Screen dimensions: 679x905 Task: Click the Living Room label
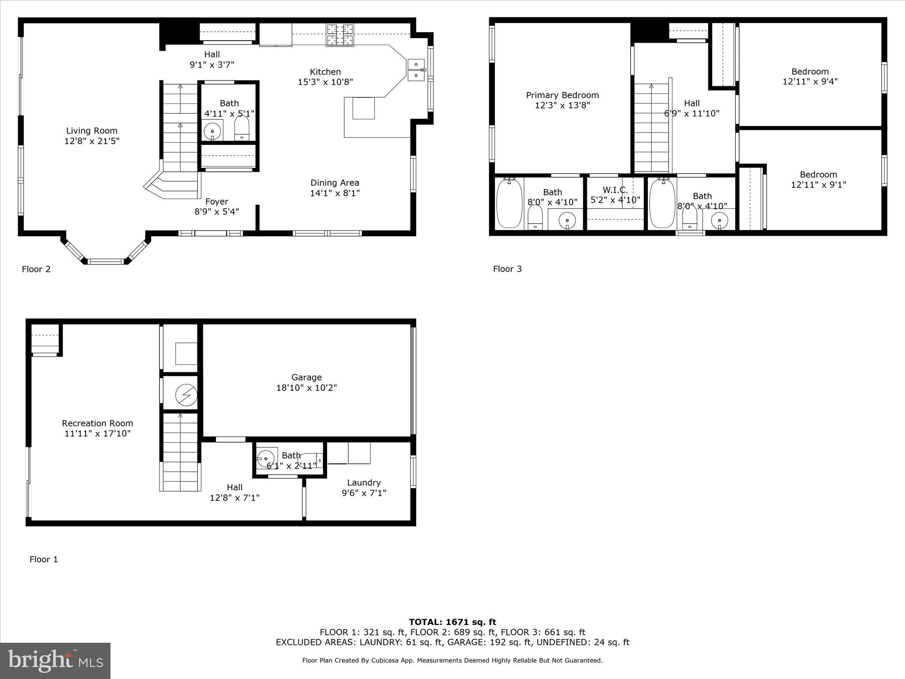[x=92, y=131]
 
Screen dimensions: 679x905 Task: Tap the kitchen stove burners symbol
[x=340, y=35]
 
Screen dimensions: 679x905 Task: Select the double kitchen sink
[x=416, y=70]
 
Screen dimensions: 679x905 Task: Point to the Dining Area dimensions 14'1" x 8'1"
[x=335, y=193]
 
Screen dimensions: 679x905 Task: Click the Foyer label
[x=217, y=202]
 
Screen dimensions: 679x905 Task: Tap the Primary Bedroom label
[x=562, y=95]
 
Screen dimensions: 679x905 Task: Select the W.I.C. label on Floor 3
[x=615, y=190]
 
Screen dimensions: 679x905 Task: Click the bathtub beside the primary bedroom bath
[x=509, y=203]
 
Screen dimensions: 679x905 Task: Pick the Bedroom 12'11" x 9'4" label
[x=810, y=72]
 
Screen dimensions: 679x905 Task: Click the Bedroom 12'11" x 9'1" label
[x=818, y=175]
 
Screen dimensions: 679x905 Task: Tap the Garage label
[x=306, y=378]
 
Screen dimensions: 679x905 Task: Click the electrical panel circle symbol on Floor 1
[x=186, y=395]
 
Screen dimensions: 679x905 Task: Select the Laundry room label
[x=364, y=483]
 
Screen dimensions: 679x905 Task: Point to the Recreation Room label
[x=97, y=423]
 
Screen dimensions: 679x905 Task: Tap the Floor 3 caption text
[x=507, y=269]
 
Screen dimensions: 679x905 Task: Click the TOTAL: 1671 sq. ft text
[x=452, y=622]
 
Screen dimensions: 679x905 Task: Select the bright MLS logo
[x=55, y=660]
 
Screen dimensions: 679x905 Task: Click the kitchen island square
[x=363, y=108]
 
